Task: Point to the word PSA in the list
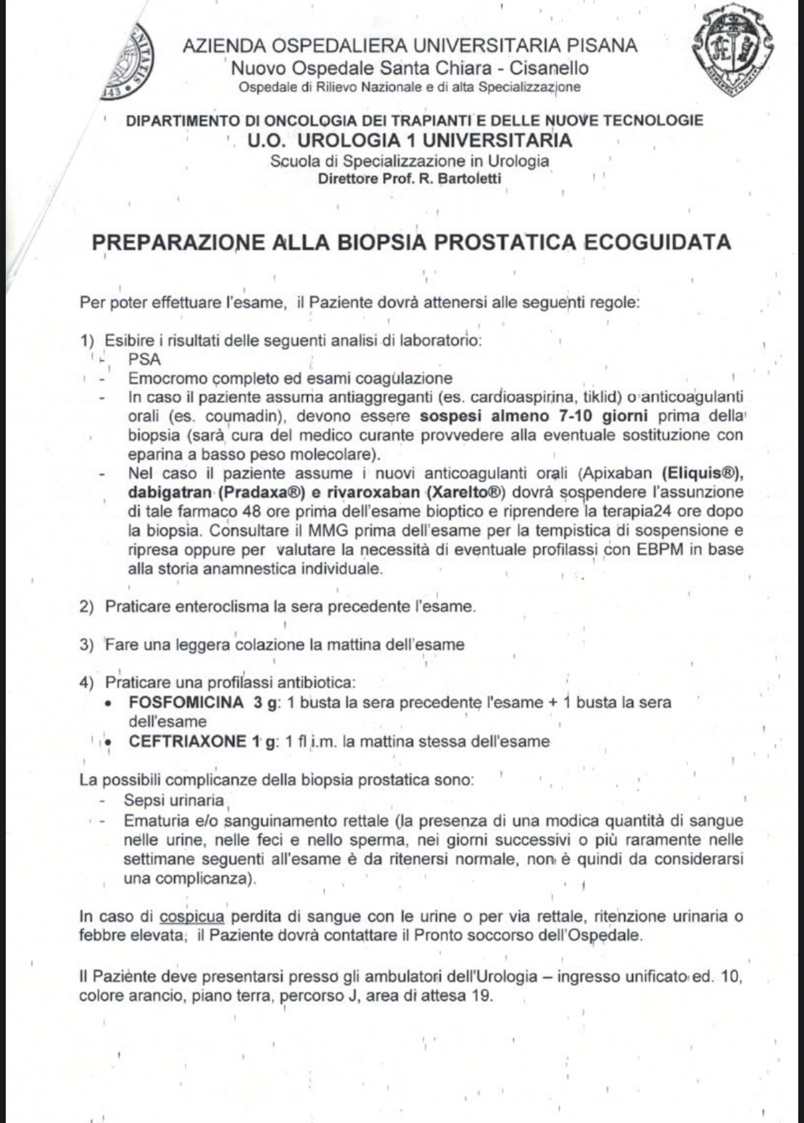(145, 359)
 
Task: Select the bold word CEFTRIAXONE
(187, 742)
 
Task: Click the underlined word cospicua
(192, 917)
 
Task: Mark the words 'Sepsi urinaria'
(174, 800)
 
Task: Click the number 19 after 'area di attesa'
(482, 995)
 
